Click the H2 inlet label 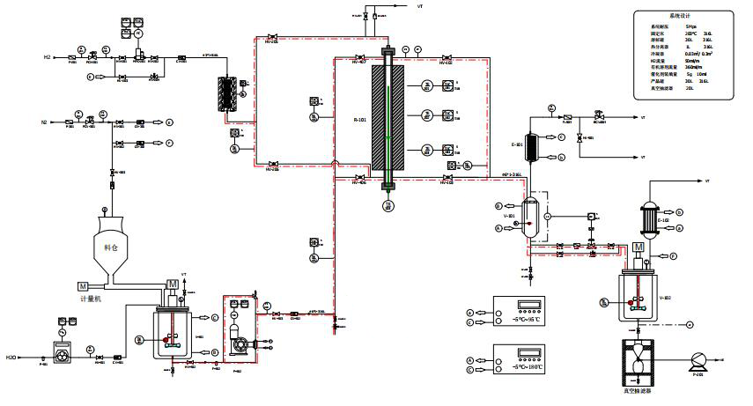(x=48, y=57)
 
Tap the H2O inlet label (x=11, y=358)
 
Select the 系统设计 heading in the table (x=682, y=17)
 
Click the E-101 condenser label (x=518, y=144)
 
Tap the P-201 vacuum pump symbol (x=699, y=360)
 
